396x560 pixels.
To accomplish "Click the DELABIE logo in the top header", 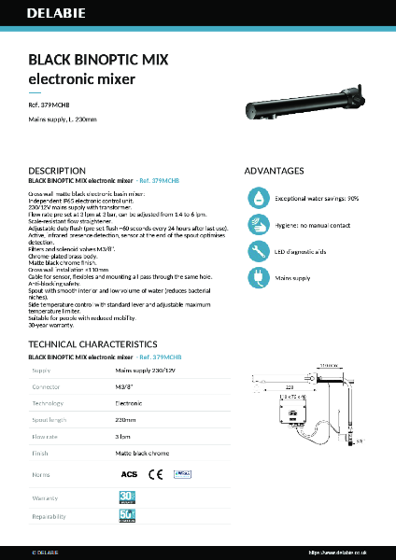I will tap(49, 14).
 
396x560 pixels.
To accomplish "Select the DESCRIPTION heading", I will tap(58, 172).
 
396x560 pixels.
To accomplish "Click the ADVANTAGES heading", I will tap(274, 172).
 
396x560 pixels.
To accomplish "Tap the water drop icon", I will tap(256, 199).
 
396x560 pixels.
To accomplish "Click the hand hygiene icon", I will tap(256, 225).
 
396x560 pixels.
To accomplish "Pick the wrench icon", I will tap(256, 251).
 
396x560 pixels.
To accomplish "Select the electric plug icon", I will tap(256, 277).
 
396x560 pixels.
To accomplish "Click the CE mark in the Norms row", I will tap(156, 474).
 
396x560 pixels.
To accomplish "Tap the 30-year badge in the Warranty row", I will tap(127, 496).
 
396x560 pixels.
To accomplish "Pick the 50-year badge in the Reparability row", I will tap(127, 516).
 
